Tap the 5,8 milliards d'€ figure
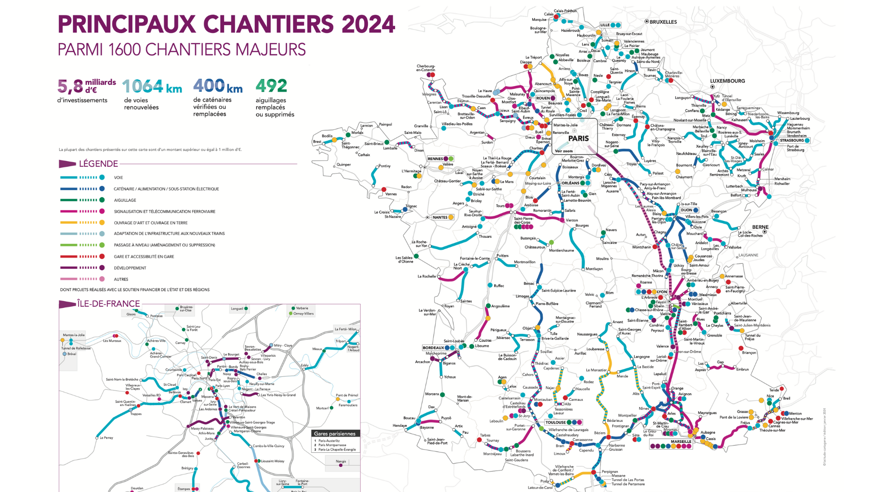click(x=86, y=86)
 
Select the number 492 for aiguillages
click(x=271, y=86)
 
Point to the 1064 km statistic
click(x=152, y=86)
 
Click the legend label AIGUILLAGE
click(x=125, y=200)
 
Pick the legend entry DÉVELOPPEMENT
click(x=130, y=268)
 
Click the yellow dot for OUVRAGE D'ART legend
click(x=102, y=223)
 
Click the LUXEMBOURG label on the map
click(x=727, y=81)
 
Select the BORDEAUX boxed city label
click(x=433, y=348)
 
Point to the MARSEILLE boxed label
click(x=681, y=441)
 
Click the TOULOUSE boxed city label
click(x=555, y=422)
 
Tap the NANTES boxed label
click(x=440, y=217)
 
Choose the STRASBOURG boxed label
click(x=792, y=140)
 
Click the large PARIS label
click(x=578, y=138)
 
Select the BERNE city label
click(x=760, y=227)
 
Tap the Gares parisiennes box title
click(x=335, y=434)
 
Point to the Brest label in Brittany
click(x=317, y=142)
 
